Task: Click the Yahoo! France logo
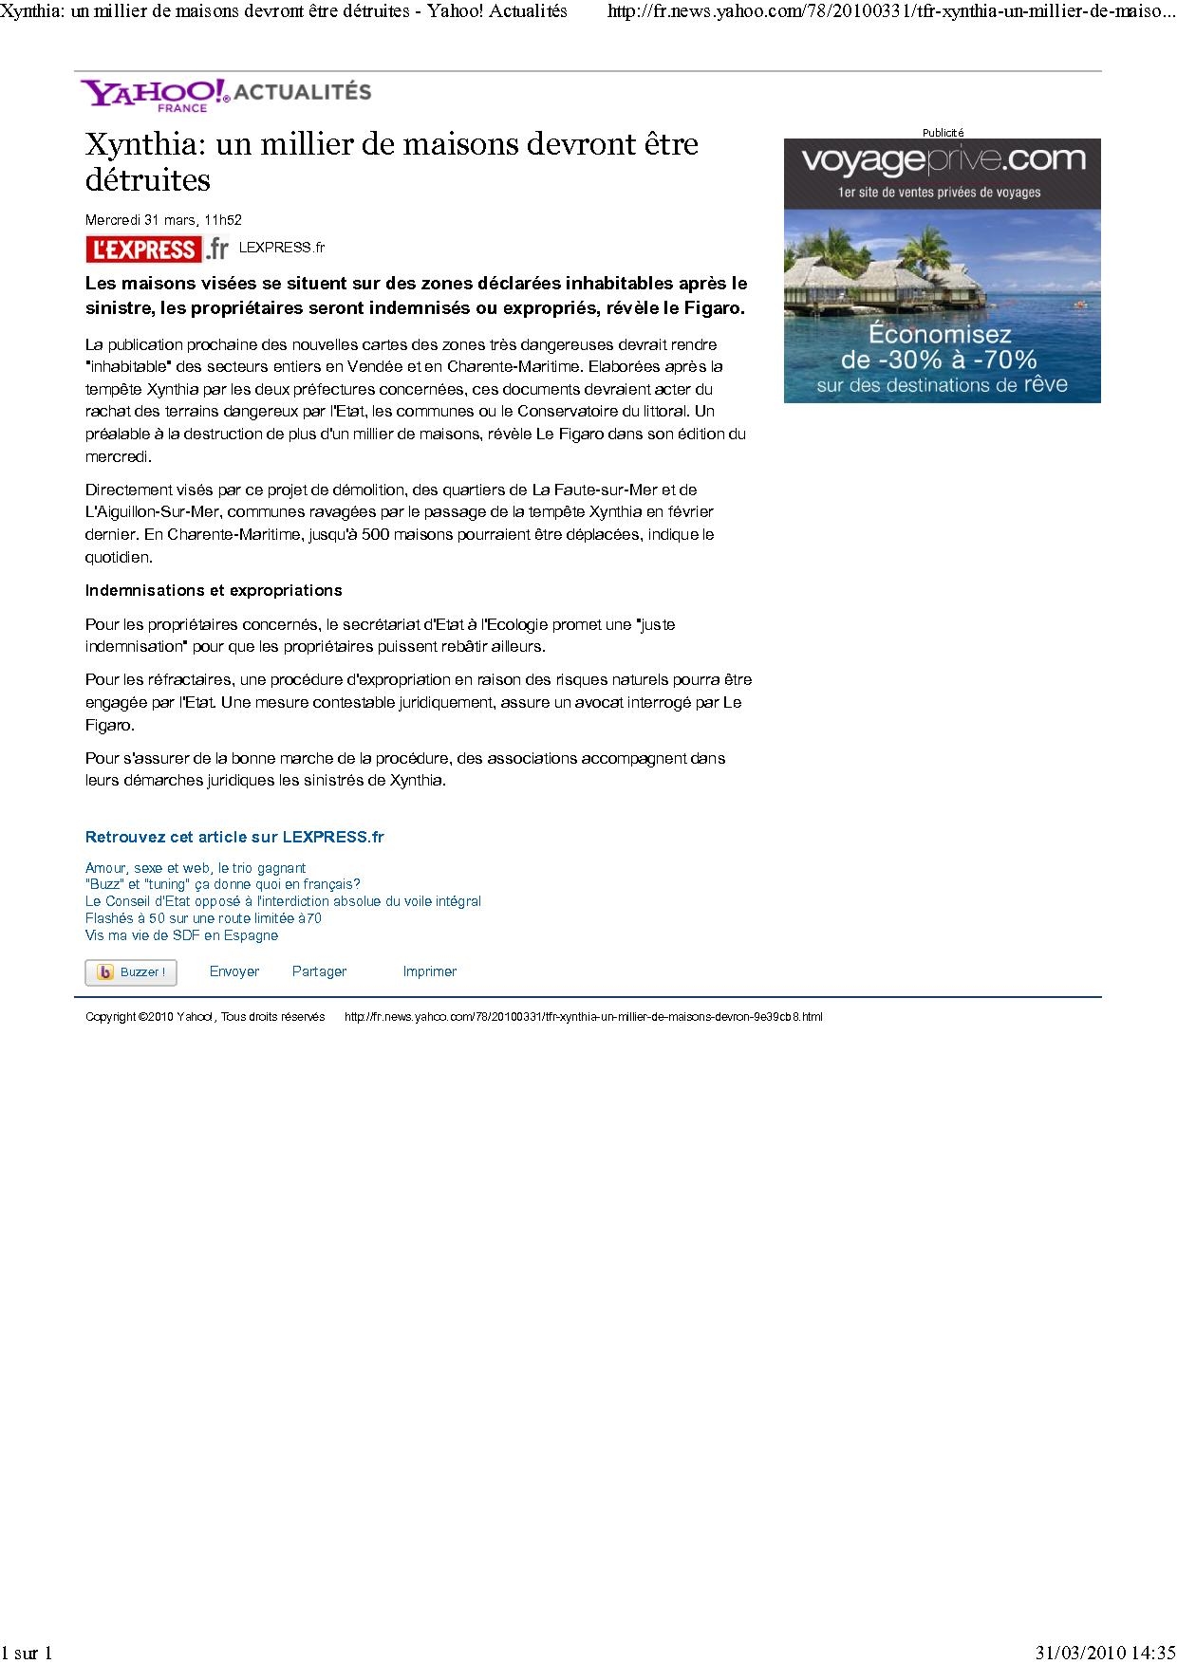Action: point(155,94)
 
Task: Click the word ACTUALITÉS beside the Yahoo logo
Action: point(303,92)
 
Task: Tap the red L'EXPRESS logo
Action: point(143,249)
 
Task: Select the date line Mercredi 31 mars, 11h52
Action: point(163,220)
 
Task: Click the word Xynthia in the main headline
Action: point(143,144)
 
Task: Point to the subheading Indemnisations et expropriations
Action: point(214,590)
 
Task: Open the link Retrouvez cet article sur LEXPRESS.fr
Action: point(234,837)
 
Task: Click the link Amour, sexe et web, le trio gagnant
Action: point(196,868)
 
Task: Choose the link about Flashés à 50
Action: point(203,918)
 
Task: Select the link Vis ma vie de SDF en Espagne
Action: point(181,935)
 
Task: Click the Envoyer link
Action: point(234,971)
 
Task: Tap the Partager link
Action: point(319,971)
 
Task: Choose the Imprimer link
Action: point(429,971)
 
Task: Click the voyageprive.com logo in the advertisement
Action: point(942,160)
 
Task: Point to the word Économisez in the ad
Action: point(941,335)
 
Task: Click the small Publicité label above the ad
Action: point(943,133)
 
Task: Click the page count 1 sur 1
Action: point(27,1653)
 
